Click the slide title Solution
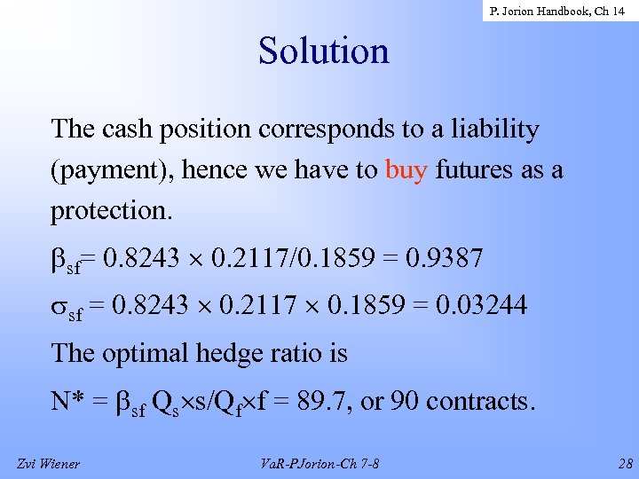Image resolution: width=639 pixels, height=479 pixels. pos(323,51)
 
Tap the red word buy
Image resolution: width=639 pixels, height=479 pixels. pos(406,170)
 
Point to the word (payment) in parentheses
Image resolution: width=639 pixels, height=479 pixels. pos(112,170)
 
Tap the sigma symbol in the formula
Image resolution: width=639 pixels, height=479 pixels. pos(59,307)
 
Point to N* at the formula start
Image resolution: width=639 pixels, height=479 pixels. pos(71,401)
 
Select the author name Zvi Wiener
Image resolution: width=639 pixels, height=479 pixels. pos(48,462)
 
